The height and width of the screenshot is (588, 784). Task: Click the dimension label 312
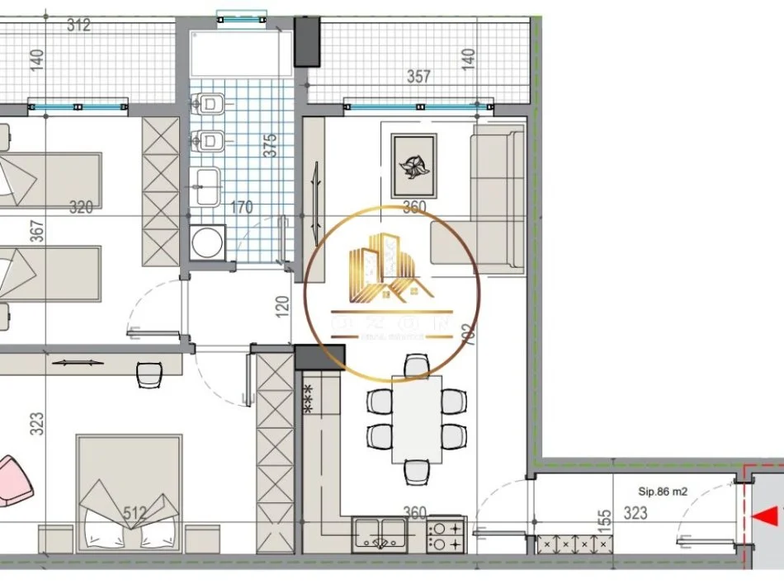[x=78, y=26]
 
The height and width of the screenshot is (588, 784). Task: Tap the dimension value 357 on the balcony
[x=419, y=77]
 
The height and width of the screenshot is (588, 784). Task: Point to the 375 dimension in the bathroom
[x=268, y=145]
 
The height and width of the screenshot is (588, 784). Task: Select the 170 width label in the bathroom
[x=242, y=207]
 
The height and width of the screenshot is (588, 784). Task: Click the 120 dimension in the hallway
[x=283, y=307]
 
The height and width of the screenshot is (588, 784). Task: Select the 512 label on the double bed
[x=134, y=514]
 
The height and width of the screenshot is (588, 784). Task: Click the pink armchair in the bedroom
[x=13, y=480]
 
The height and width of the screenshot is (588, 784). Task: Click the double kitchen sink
[x=380, y=534]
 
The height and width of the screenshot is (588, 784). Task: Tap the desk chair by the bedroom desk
[x=149, y=374]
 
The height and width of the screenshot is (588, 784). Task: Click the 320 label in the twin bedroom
[x=80, y=207]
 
